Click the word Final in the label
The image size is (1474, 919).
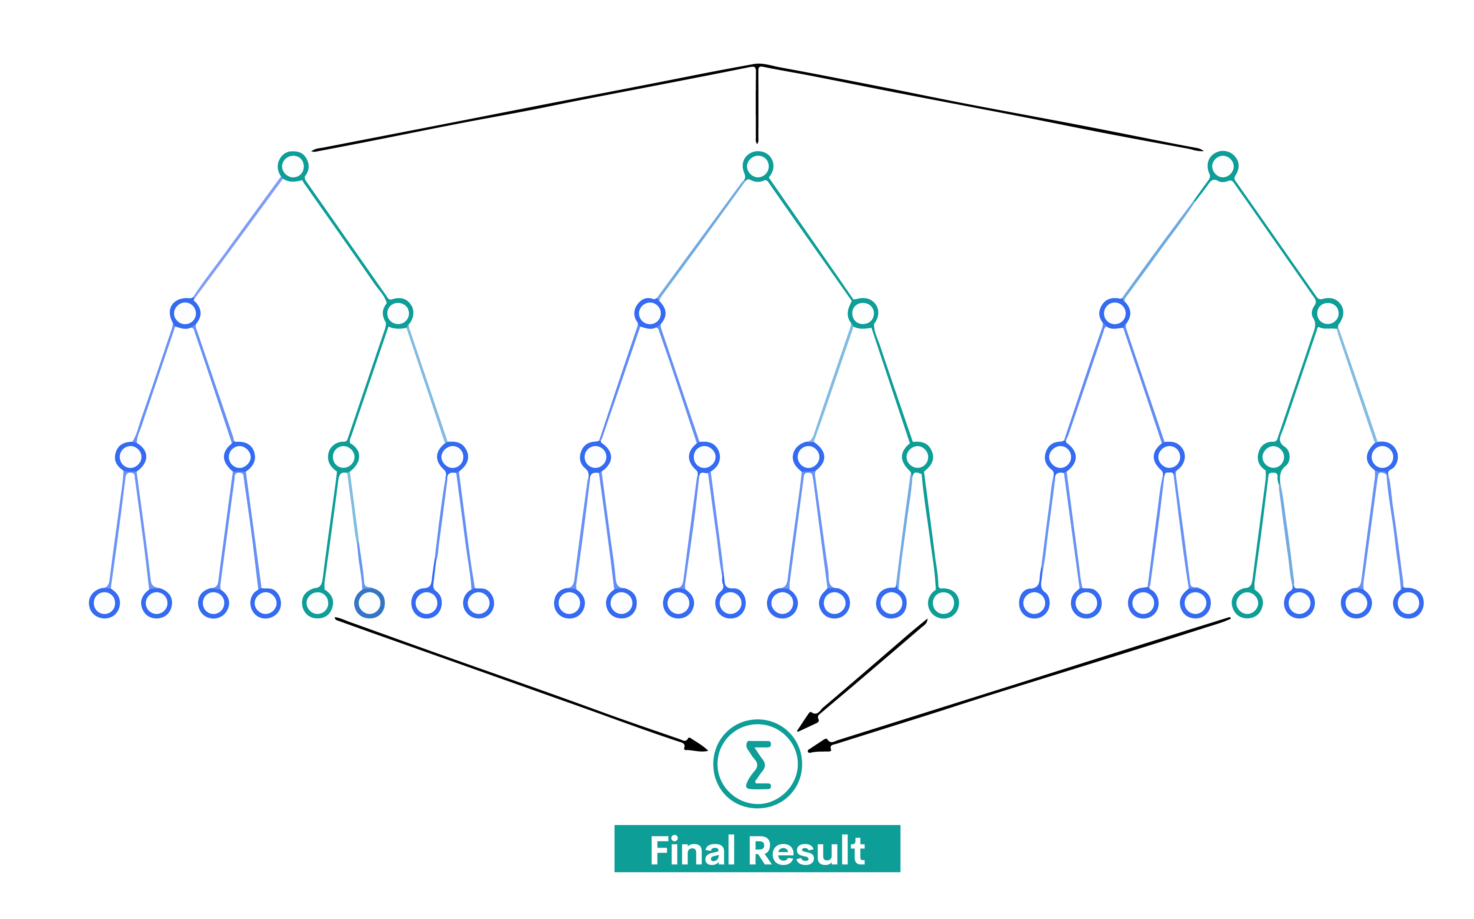pos(692,851)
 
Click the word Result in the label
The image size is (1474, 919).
pos(806,851)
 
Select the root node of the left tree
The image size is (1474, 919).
pos(293,166)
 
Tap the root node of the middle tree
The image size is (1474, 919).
pos(757,166)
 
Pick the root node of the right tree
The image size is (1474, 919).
pos(1222,166)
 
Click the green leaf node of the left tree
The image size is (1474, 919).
pos(317,603)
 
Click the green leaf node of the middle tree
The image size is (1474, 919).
pos(944,603)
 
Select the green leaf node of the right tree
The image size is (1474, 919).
pos(1247,603)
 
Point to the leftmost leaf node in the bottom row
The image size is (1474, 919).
pos(104,603)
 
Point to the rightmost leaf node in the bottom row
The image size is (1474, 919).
pos(1408,603)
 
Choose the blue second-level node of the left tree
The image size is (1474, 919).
pos(185,313)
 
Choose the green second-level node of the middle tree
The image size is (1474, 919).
pos(863,313)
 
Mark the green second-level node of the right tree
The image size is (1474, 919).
pos(1327,313)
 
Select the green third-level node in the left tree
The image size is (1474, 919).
pos(344,457)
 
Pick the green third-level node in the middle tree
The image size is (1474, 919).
pos(917,457)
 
